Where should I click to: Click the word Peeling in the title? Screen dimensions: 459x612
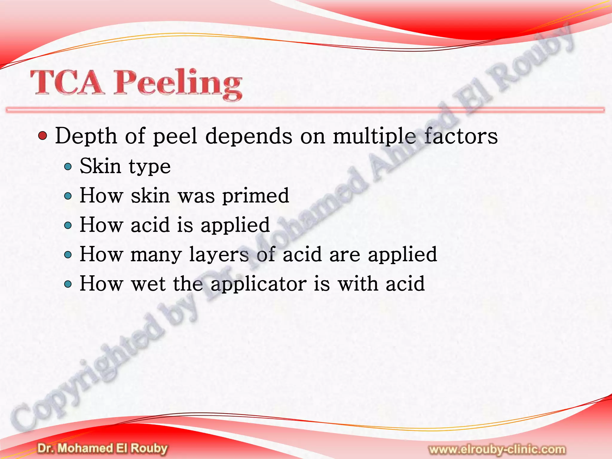point(178,84)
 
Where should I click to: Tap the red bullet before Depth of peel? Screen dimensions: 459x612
point(43,136)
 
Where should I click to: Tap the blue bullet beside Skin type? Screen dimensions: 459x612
point(68,166)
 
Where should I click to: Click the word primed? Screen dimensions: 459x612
point(255,196)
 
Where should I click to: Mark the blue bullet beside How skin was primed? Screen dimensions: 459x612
point(68,196)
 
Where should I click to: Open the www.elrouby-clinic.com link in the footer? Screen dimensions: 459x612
point(497,449)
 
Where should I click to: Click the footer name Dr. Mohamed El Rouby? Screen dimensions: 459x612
point(102,449)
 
